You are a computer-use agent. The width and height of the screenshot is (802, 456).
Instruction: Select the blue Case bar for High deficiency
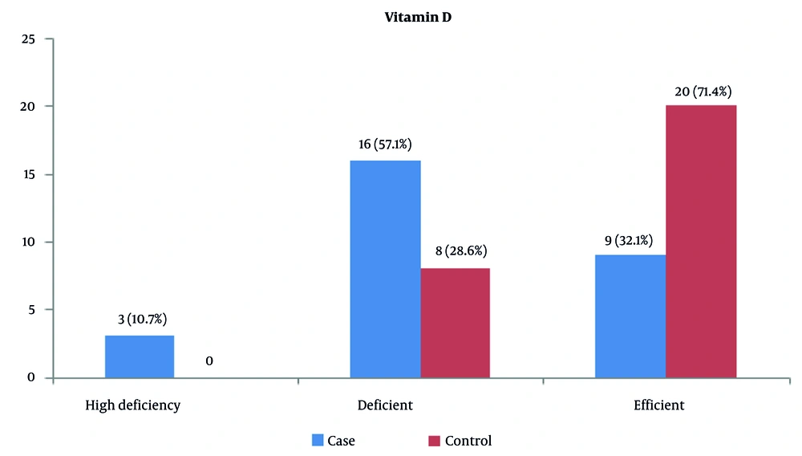click(x=140, y=356)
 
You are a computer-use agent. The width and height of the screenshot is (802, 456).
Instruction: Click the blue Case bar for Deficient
click(x=385, y=269)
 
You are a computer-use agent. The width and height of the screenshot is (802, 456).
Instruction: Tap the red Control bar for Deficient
click(x=455, y=323)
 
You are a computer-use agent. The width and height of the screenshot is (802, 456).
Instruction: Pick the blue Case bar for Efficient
click(x=630, y=316)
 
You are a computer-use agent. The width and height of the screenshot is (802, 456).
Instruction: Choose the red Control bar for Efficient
click(x=701, y=241)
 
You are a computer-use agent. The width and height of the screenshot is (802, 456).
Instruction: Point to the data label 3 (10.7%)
click(x=140, y=319)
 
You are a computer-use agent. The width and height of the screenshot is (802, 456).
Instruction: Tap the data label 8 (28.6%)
click(x=455, y=251)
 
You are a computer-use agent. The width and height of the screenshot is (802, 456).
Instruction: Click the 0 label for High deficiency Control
click(x=209, y=361)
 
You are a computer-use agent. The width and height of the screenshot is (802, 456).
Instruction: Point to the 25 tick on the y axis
click(x=30, y=39)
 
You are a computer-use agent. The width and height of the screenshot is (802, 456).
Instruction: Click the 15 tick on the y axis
click(x=30, y=174)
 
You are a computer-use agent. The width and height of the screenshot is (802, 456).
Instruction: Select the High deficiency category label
click(x=133, y=405)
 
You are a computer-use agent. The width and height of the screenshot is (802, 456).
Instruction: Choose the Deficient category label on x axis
click(x=385, y=405)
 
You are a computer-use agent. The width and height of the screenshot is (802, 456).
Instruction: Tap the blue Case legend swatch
click(x=318, y=441)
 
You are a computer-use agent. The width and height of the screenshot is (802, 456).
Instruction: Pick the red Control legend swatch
click(x=434, y=441)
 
